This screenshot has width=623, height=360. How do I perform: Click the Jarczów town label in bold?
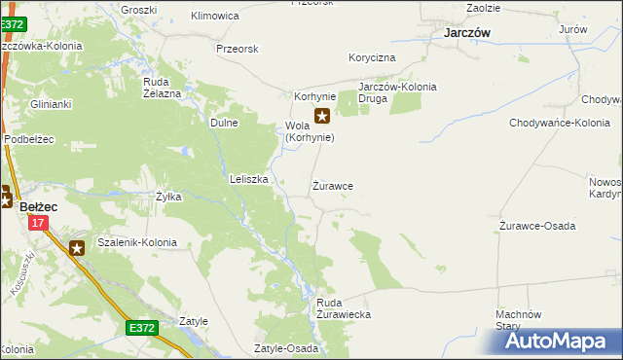pos(466,32)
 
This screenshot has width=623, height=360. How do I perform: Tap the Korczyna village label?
pos(373,58)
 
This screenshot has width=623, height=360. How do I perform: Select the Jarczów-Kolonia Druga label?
pos(397,92)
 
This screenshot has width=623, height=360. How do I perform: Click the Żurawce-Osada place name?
pos(536,226)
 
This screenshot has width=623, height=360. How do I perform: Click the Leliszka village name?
pos(248,179)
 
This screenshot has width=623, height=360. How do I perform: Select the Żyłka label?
pos(168,197)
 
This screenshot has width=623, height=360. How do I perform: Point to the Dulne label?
pos(225,124)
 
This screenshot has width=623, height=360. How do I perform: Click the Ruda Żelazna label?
pos(163,88)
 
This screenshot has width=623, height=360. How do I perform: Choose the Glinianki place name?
pos(51,103)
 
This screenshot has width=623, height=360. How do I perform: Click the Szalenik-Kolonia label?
pos(137,242)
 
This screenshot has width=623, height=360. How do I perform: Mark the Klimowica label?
pos(215,17)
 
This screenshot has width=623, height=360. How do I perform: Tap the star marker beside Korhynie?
pos(322,116)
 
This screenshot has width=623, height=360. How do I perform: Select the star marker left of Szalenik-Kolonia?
pos(77,248)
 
